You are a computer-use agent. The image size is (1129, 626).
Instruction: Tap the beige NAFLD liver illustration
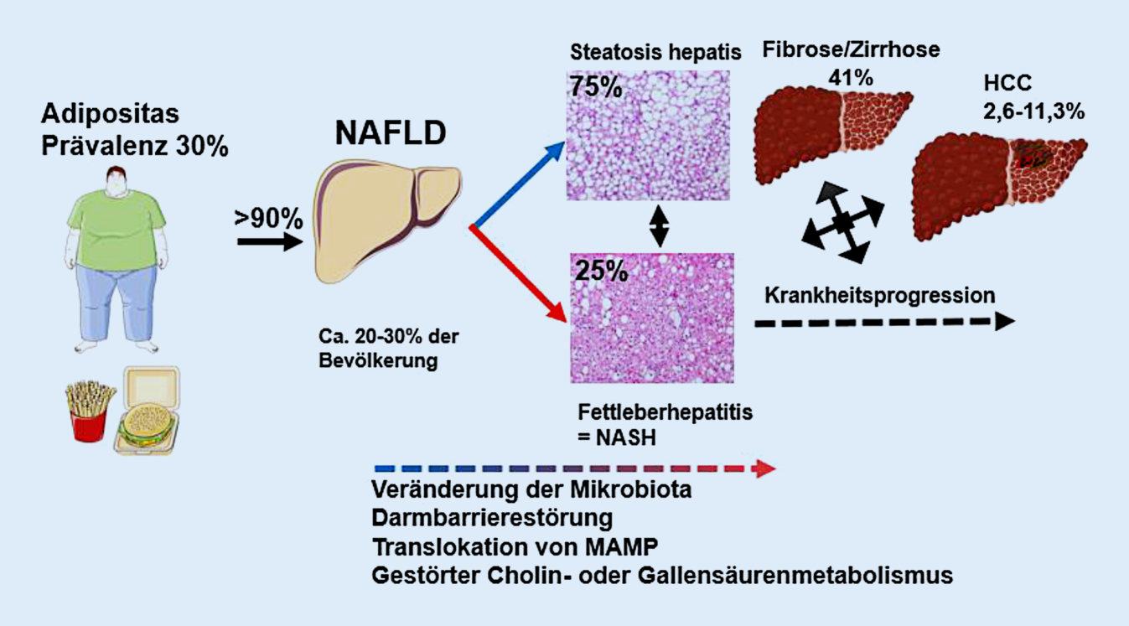(x=386, y=223)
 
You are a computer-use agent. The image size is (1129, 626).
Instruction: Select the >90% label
(x=268, y=219)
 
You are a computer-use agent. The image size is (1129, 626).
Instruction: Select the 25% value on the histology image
(x=598, y=272)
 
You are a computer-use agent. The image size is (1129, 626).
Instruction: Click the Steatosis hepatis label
(x=655, y=52)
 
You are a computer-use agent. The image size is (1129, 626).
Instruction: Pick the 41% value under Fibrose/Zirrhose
(x=850, y=78)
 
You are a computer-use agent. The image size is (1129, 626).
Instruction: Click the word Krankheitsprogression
(x=880, y=295)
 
